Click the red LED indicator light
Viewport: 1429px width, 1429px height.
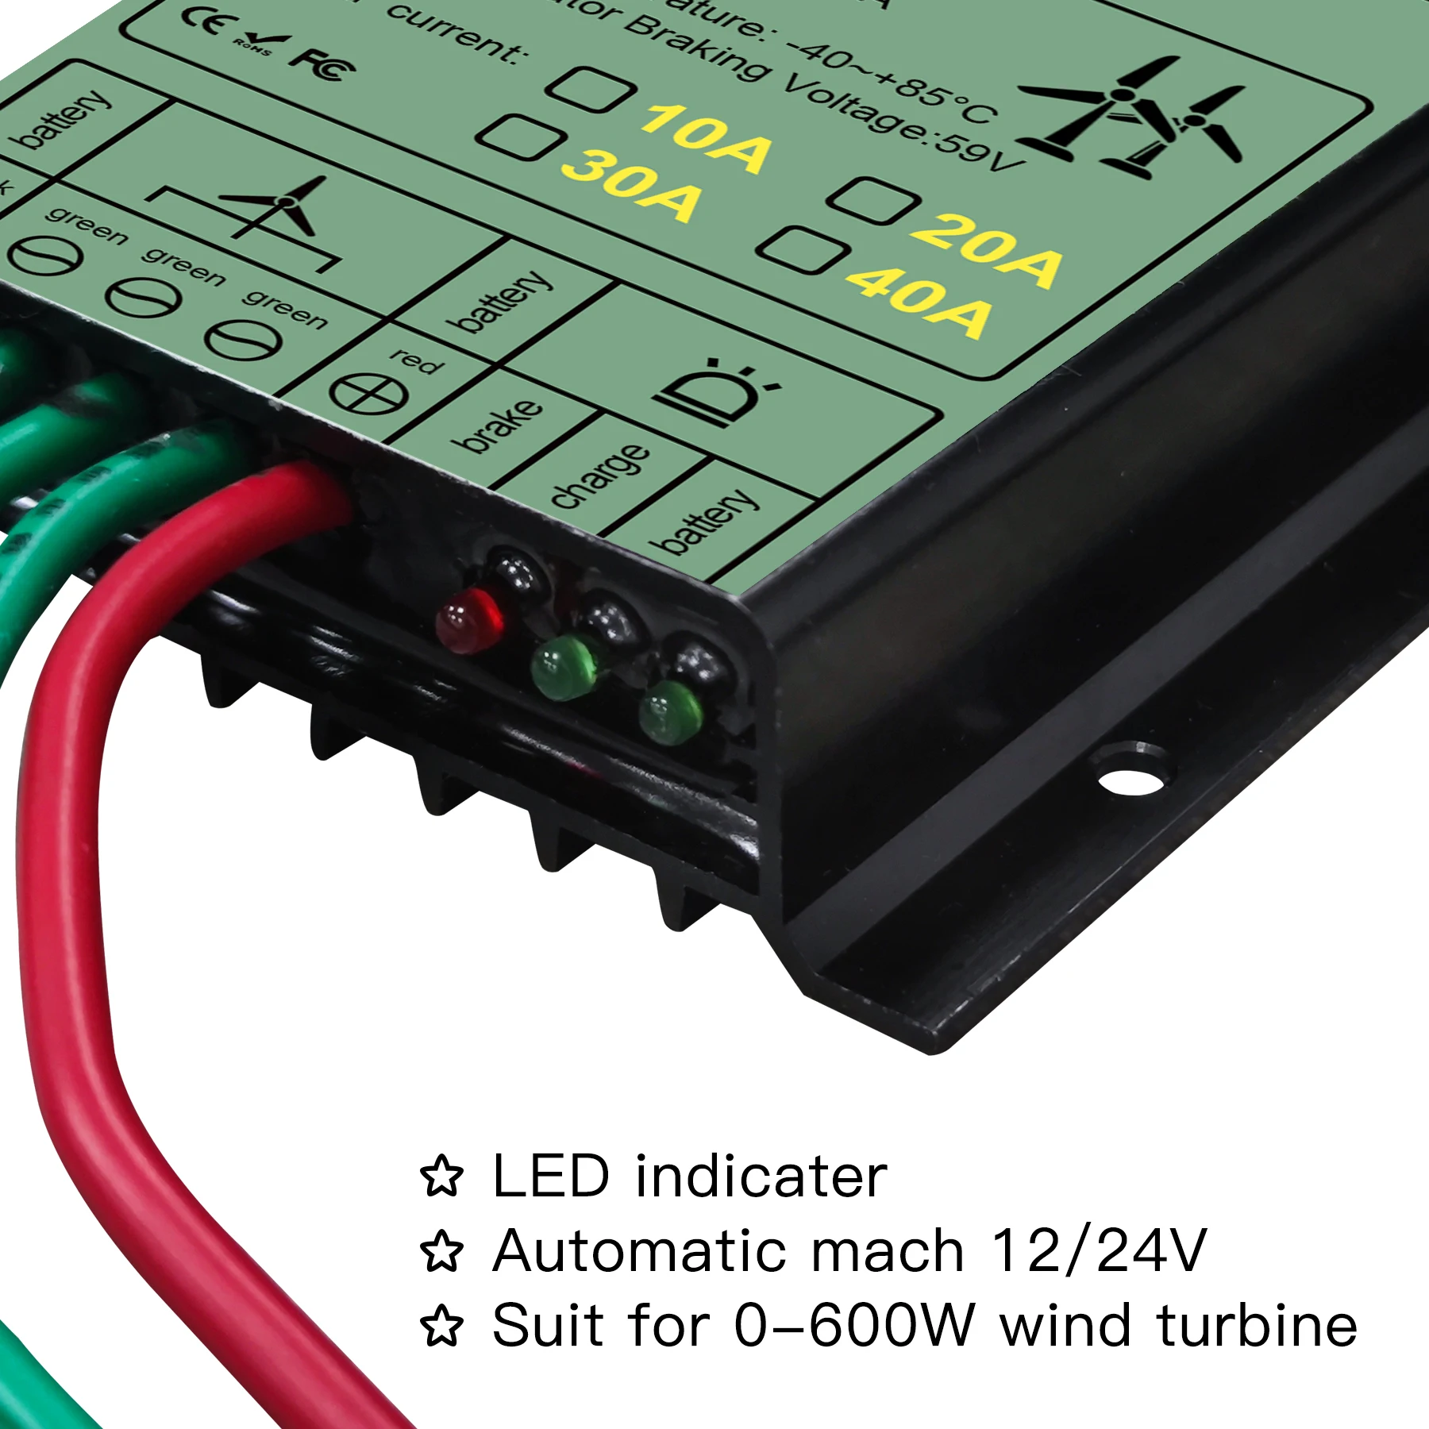(x=469, y=620)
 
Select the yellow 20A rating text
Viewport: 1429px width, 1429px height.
(x=985, y=248)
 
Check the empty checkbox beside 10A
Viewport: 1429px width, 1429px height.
(x=591, y=89)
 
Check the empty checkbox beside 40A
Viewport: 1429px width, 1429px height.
(x=800, y=250)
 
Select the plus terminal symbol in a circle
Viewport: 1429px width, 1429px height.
(x=369, y=394)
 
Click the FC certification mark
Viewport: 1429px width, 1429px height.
(x=322, y=64)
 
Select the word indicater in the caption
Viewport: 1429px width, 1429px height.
(x=761, y=1177)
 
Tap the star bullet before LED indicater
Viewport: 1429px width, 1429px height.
(x=441, y=1177)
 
